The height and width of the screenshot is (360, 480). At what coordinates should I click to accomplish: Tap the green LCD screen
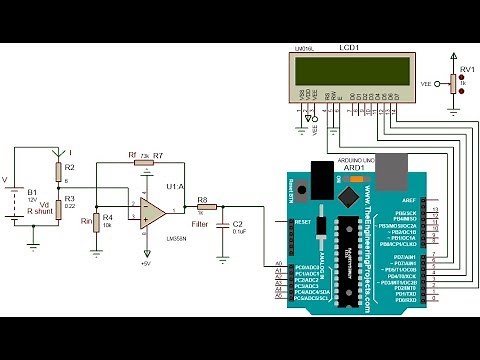350,70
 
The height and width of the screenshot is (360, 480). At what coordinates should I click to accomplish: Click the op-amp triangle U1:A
153,210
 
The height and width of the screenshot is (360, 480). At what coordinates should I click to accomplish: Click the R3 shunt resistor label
69,199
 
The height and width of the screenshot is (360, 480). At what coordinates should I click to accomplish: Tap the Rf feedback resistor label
132,155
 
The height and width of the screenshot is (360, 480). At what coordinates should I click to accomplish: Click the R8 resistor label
202,200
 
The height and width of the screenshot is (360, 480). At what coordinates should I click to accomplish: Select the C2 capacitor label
237,224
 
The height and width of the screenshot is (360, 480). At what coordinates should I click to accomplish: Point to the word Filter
201,225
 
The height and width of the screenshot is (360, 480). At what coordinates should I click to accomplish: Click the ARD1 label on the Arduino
354,167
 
